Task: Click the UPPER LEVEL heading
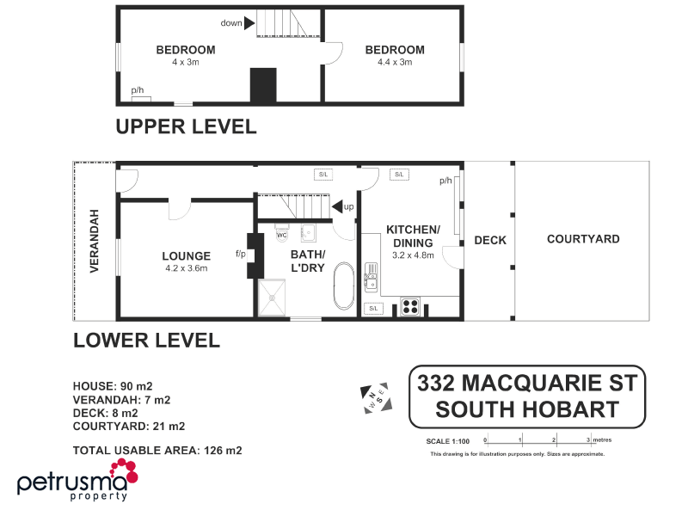click(x=186, y=126)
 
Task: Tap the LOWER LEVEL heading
click(x=146, y=341)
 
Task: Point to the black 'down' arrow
click(x=250, y=23)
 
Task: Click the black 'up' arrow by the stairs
click(x=338, y=206)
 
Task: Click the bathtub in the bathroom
click(x=343, y=286)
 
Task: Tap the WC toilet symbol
click(x=281, y=232)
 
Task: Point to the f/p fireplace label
click(x=240, y=255)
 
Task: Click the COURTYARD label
click(x=583, y=239)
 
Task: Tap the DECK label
click(x=489, y=240)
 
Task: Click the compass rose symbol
click(x=377, y=397)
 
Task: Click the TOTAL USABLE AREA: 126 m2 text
click(x=157, y=450)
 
